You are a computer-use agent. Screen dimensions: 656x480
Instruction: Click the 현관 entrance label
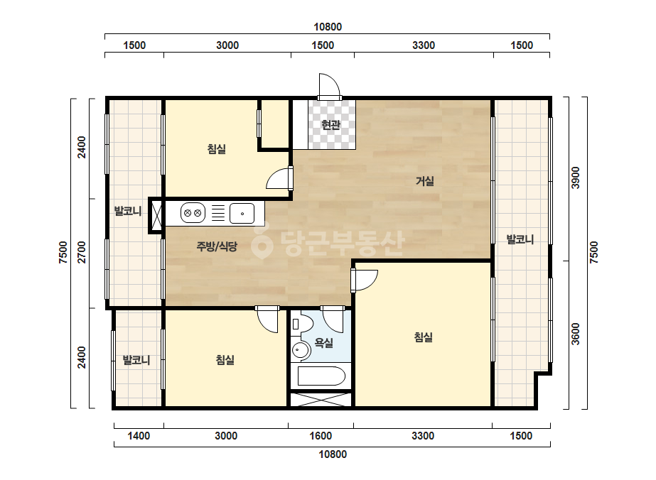coord(330,124)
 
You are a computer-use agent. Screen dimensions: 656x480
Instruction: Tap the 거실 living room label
coord(424,181)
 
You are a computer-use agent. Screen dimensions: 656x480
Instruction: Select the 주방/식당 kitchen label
coord(217,246)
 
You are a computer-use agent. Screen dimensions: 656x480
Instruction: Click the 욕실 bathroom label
coord(324,343)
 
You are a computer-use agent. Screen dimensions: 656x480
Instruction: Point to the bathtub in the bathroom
coord(321,376)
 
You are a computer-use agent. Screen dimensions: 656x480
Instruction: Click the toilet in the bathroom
coord(303,324)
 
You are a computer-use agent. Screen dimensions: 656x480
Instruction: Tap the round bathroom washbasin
coord(301,350)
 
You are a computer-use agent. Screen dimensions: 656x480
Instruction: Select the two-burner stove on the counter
coord(193,213)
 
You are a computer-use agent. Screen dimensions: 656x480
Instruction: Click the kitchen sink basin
coord(242,213)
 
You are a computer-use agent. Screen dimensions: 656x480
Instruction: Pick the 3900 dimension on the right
coord(576,178)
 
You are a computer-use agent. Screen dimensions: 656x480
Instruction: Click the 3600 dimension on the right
coord(576,334)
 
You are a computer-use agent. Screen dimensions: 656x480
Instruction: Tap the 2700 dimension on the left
coord(82,252)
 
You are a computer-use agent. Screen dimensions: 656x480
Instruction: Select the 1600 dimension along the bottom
coord(321,436)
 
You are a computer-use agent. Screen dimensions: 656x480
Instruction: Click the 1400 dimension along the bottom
coord(139,436)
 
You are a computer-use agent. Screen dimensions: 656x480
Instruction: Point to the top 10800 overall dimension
coord(328,27)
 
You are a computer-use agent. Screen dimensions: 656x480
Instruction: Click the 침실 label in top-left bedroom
coord(217,149)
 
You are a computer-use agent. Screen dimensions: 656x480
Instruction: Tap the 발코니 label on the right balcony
coord(520,239)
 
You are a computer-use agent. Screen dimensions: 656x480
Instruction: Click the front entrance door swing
coord(329,86)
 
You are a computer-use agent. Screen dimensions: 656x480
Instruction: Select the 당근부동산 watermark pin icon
coord(262,243)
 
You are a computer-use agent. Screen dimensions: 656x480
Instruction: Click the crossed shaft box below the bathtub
coord(321,399)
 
